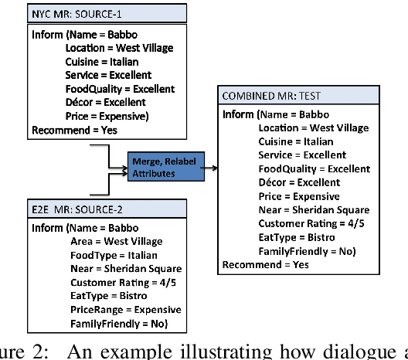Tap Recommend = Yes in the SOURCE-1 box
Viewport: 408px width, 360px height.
pyautogui.click(x=74, y=130)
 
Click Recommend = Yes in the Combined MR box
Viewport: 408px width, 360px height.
pyautogui.click(x=265, y=264)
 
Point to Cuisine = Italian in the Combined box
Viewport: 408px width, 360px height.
pyautogui.click(x=296, y=141)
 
